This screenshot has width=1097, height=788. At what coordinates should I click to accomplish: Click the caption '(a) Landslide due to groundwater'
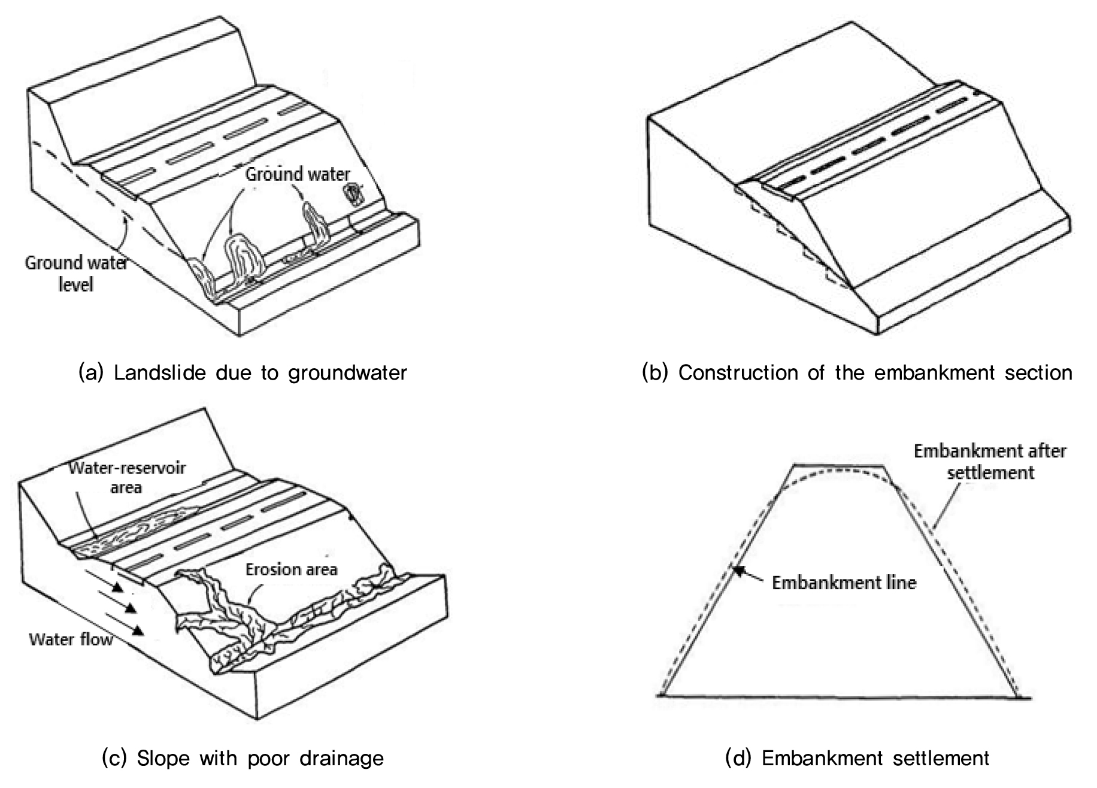[243, 373]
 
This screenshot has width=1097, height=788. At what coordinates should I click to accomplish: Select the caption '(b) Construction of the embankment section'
[857, 373]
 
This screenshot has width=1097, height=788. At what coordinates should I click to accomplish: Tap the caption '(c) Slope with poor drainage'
[243, 759]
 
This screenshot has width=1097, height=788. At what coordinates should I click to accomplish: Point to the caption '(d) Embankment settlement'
[857, 759]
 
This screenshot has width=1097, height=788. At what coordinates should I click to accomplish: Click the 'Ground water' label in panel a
[298, 174]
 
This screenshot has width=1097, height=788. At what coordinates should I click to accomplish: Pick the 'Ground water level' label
[76, 272]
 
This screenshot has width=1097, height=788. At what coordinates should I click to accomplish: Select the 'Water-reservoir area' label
[127, 477]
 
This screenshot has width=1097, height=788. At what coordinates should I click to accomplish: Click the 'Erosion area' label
[292, 569]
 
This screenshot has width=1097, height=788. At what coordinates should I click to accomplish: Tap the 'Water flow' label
[71, 640]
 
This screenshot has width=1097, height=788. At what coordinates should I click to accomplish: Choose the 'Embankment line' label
[844, 583]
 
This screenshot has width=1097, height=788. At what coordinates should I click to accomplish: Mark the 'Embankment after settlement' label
[990, 462]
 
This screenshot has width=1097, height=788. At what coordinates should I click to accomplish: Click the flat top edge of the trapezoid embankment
[840, 465]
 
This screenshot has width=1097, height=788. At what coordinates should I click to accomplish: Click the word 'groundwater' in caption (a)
[347, 374]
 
